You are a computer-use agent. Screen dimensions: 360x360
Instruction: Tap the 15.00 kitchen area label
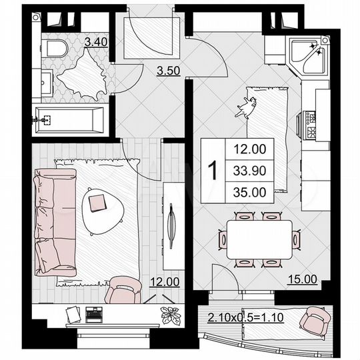pyautogui.click(x=303, y=281)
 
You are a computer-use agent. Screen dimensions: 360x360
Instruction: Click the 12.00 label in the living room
pyautogui.click(x=163, y=281)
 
